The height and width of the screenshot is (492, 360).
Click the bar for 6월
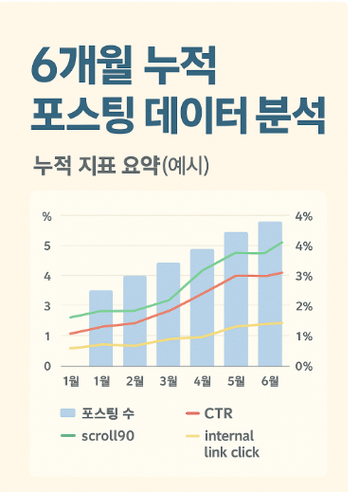click(270, 294)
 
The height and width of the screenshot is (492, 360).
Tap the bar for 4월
click(202, 307)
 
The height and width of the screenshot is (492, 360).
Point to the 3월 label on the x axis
click(168, 381)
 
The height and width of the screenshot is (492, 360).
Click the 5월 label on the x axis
click(236, 381)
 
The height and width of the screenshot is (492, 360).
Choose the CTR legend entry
click(219, 413)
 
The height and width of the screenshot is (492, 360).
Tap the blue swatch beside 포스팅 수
click(67, 413)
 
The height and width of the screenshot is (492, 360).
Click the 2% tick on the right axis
click(303, 306)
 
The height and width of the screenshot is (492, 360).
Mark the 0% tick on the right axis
click(303, 366)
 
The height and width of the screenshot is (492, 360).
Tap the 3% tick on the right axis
click(303, 276)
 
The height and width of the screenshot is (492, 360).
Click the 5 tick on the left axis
click(47, 246)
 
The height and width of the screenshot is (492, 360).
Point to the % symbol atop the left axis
click(47, 216)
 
